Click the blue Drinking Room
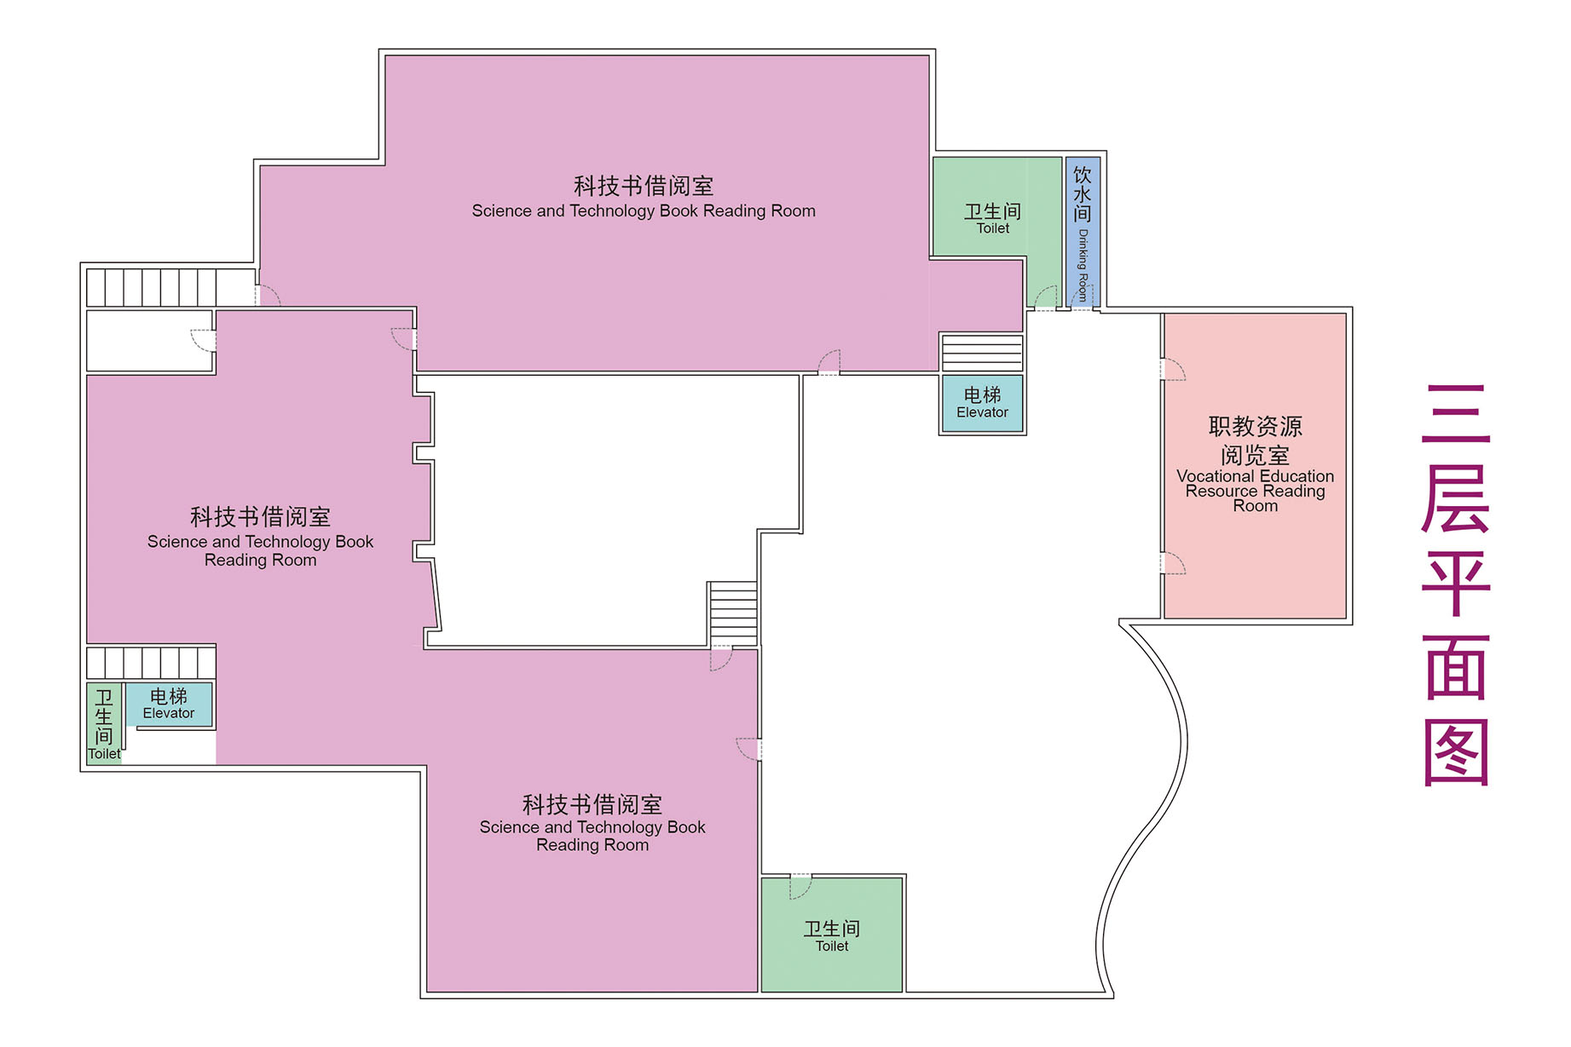[x=1083, y=231]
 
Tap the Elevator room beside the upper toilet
[x=982, y=404]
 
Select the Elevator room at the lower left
[x=169, y=704]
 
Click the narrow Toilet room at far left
[x=104, y=723]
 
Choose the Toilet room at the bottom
[x=832, y=935]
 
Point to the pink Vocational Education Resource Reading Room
[x=1255, y=465]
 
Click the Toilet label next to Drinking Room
[x=993, y=228]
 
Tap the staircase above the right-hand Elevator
[x=981, y=353]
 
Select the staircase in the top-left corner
[x=152, y=287]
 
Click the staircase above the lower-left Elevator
[x=151, y=663]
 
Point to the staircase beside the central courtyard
[x=733, y=614]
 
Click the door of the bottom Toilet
[x=800, y=886]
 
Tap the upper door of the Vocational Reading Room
[x=1174, y=369]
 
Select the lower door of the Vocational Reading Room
[x=1174, y=563]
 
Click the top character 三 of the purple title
[x=1456, y=414]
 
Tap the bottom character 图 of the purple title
[x=1456, y=752]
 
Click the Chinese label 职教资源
[x=1256, y=426]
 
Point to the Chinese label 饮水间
[x=1083, y=194]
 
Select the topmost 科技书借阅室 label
[x=644, y=186]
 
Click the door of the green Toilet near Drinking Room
[x=1045, y=296]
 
